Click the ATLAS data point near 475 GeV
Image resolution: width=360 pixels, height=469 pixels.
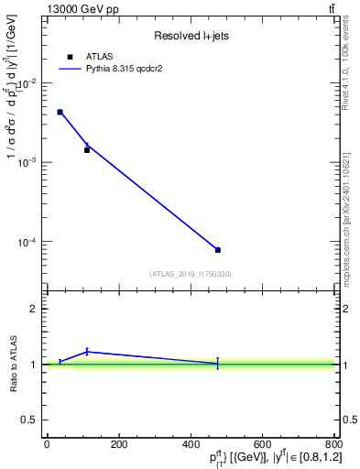[x=217, y=250]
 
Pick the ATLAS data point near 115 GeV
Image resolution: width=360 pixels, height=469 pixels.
[x=87, y=149]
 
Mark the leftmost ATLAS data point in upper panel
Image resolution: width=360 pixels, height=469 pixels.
[x=60, y=112]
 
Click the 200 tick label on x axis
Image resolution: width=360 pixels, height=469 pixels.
[x=118, y=445]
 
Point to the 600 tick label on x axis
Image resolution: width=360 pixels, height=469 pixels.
[x=262, y=445]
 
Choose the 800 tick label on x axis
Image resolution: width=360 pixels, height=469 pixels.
[x=333, y=445]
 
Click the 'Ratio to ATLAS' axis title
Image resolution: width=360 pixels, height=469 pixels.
[x=12, y=365]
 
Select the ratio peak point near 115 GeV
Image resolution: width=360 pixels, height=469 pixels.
[x=87, y=351]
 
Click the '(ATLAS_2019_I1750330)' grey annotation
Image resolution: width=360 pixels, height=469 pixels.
[x=191, y=274]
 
